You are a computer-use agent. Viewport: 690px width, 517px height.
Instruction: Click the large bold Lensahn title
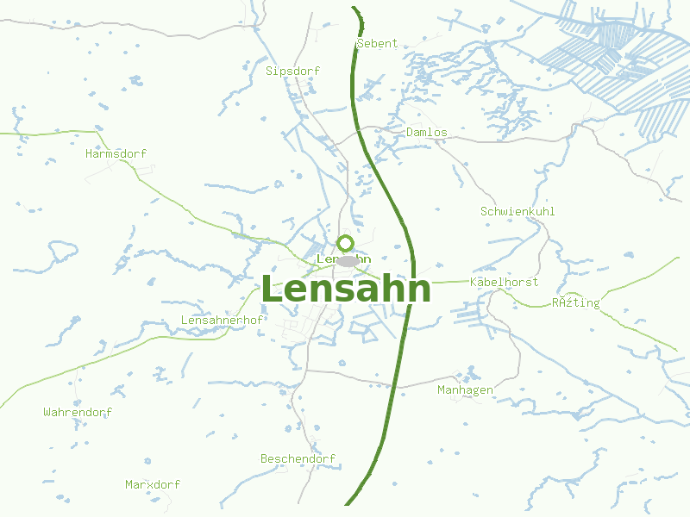(345, 290)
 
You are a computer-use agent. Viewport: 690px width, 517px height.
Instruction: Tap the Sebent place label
(377, 43)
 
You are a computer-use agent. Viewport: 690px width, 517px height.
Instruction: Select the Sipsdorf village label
(293, 71)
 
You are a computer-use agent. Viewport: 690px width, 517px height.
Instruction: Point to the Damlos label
(427, 133)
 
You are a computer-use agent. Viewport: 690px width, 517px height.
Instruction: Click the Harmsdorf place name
(116, 154)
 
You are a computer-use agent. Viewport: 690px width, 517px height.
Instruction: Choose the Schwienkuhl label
(517, 211)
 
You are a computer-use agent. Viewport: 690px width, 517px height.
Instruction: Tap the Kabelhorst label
(505, 282)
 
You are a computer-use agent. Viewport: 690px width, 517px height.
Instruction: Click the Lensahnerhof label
(222, 321)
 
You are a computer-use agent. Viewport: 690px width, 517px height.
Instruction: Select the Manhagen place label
(465, 390)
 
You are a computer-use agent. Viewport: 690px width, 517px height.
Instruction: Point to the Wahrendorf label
(78, 413)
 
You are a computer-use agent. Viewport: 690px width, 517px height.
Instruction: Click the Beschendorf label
(298, 459)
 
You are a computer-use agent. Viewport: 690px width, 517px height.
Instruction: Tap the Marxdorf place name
(153, 485)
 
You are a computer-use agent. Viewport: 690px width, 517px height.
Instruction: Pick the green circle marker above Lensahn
(345, 243)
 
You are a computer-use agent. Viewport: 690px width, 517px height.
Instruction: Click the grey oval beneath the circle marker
(348, 261)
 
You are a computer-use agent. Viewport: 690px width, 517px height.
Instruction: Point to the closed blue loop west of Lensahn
(62, 251)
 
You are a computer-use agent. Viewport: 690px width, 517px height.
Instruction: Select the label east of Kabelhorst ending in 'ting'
(575, 303)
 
